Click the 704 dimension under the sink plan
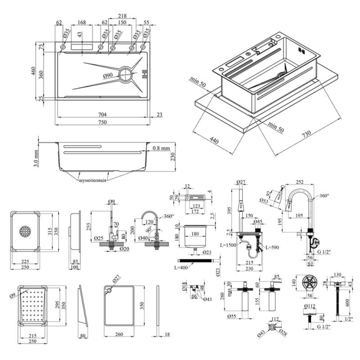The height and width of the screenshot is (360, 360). point(103,114)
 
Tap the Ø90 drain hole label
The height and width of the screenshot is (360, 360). point(108,75)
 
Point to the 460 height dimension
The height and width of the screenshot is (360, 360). point(33,71)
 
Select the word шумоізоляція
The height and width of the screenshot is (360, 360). point(93,180)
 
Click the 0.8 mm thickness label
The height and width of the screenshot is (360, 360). point(161,148)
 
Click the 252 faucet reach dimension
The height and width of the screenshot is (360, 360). point(305,182)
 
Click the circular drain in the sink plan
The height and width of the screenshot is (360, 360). point(126,74)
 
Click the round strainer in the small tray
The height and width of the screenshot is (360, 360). point(25,231)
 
